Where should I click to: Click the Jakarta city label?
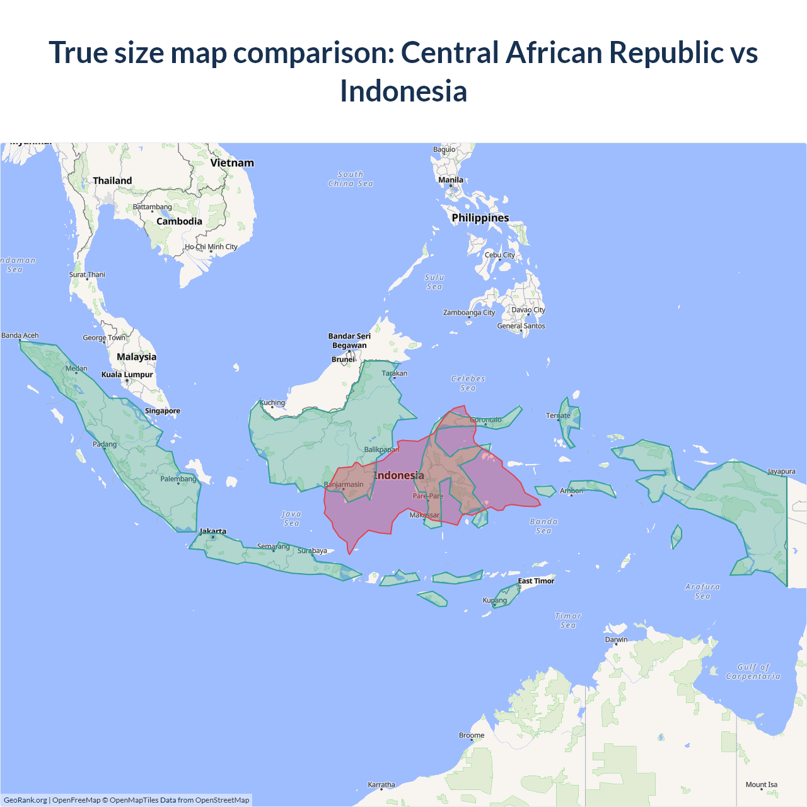point(213,531)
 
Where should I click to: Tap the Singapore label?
point(163,411)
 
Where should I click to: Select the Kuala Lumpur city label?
point(127,374)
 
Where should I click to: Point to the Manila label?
point(451,180)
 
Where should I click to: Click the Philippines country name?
point(480,218)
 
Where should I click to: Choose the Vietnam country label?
point(232,163)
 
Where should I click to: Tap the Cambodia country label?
point(179,221)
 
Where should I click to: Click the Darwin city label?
point(616,639)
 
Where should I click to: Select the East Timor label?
point(536,581)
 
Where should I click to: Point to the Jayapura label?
point(781,472)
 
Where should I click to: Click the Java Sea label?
point(291,518)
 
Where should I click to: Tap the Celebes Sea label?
point(468,383)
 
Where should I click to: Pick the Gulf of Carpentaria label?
point(753,671)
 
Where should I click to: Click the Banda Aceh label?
point(20,335)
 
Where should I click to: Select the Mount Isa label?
point(762,785)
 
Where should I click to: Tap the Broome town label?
point(472,735)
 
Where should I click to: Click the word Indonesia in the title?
point(403,91)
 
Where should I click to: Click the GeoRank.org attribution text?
point(25,800)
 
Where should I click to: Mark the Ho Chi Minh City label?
point(211,247)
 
